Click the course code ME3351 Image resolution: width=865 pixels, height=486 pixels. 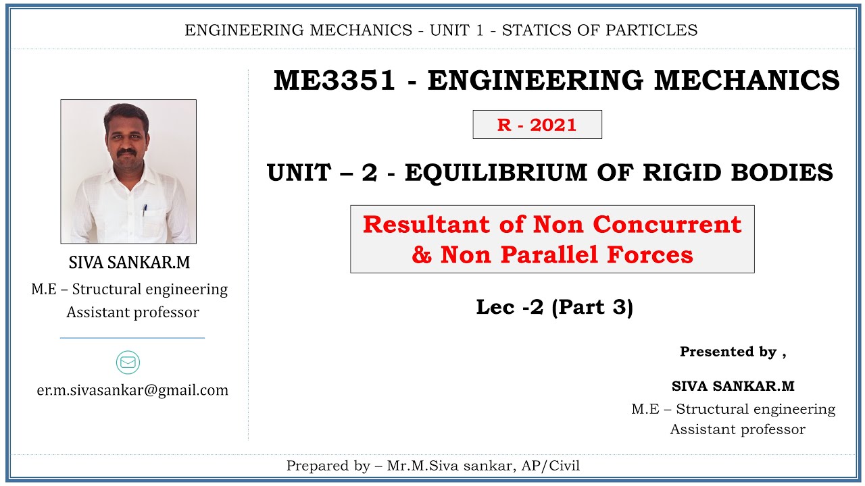(334, 81)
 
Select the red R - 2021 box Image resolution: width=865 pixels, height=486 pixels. (537, 125)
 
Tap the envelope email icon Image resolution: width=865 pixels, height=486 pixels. (128, 362)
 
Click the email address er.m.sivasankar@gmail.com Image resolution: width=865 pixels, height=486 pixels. (132, 390)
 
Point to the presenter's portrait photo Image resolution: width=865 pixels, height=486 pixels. (128, 171)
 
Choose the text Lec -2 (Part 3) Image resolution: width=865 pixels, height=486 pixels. (554, 307)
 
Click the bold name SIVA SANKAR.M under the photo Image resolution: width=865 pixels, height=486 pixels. (130, 263)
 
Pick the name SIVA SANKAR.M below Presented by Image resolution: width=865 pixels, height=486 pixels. (733, 386)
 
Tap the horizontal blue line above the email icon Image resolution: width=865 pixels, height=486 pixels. (132, 337)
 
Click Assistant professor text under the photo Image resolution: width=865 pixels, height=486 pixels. (132, 313)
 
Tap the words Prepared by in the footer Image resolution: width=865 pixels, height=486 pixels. (326, 466)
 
